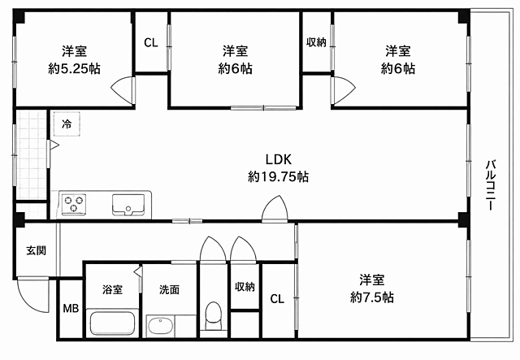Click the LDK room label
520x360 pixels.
pyautogui.click(x=279, y=159)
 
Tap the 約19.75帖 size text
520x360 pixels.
pyautogui.click(x=278, y=176)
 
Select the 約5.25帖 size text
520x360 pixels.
pyautogui.click(x=74, y=69)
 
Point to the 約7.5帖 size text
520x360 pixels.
pyautogui.click(x=372, y=297)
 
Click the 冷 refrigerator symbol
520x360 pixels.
pyautogui.click(x=67, y=124)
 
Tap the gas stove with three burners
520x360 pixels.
pyautogui.click(x=74, y=203)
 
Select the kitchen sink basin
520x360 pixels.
pyautogui.click(x=128, y=205)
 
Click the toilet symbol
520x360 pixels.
pyautogui.click(x=213, y=316)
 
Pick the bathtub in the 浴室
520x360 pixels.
pyautogui.click(x=112, y=323)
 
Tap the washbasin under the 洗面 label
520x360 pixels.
pyautogui.click(x=161, y=326)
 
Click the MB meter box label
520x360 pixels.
pyautogui.click(x=71, y=309)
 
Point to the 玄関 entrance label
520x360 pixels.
pyautogui.click(x=36, y=250)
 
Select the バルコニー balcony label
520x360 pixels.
pyautogui.click(x=491, y=184)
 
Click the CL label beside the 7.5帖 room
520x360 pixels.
pyautogui.click(x=277, y=299)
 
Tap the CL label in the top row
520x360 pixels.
pyautogui.click(x=151, y=42)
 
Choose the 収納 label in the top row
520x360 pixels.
pyautogui.click(x=316, y=42)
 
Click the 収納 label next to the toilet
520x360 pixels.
pyautogui.click(x=245, y=287)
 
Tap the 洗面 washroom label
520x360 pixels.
pyautogui.click(x=170, y=289)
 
